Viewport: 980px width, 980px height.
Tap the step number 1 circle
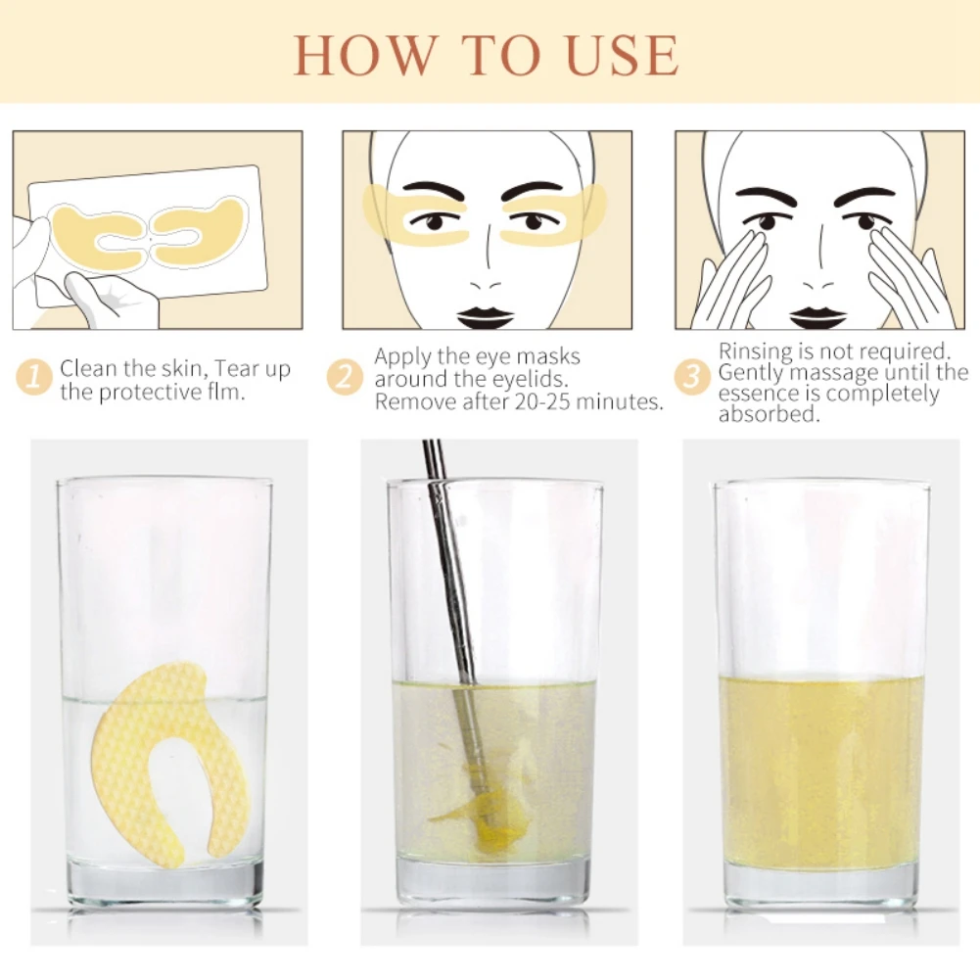click(34, 377)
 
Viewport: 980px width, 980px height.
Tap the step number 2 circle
click(345, 377)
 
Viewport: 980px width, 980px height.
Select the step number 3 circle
click(692, 377)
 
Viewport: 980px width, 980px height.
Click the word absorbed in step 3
click(769, 414)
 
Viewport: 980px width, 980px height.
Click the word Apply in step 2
click(402, 357)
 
